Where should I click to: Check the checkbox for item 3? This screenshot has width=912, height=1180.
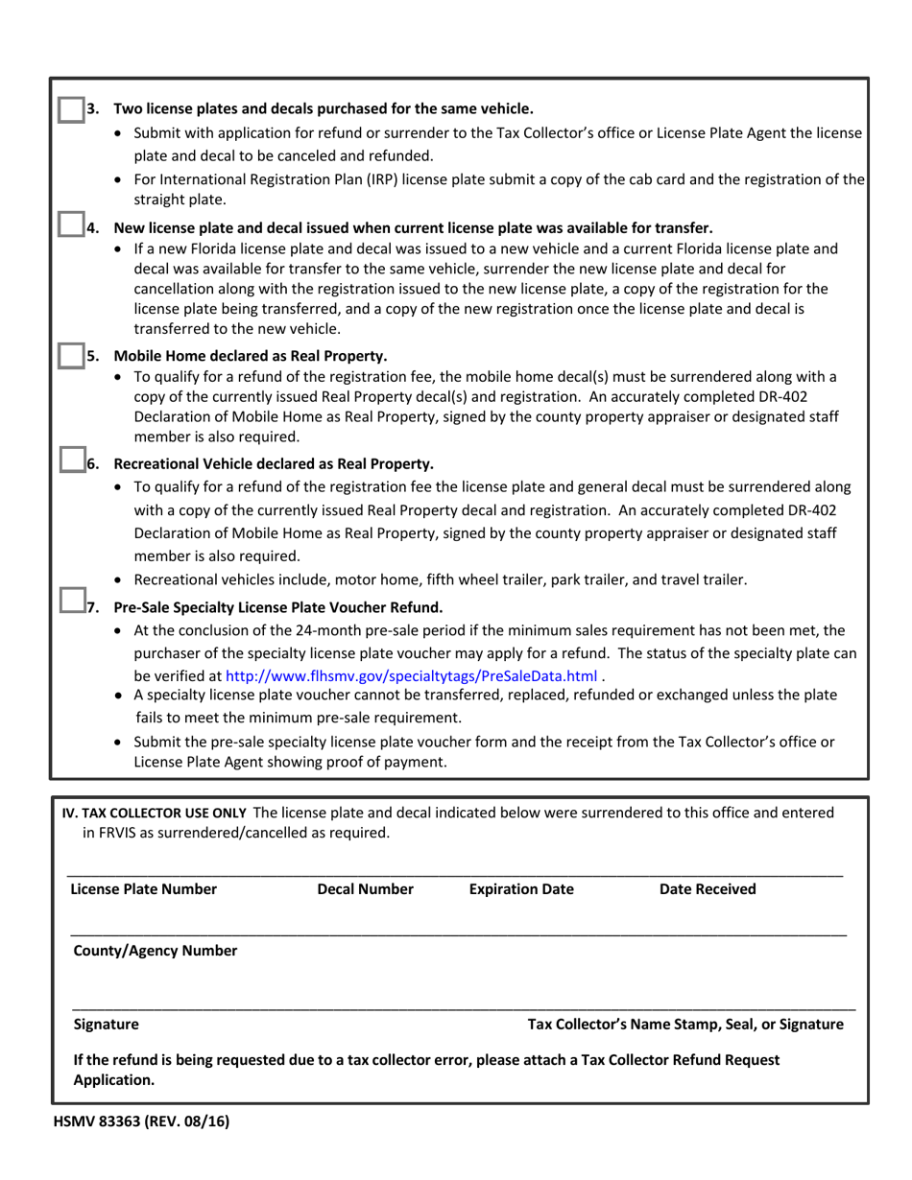[70, 109]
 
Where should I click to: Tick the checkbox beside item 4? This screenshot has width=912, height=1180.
[70, 225]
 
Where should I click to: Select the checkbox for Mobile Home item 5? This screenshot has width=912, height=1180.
[70, 355]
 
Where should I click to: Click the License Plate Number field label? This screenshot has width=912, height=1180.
[144, 889]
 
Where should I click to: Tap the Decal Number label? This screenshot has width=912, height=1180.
[365, 889]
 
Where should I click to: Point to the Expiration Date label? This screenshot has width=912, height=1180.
[521, 889]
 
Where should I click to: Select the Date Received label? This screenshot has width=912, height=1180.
[708, 889]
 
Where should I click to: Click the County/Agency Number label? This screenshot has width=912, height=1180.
[156, 951]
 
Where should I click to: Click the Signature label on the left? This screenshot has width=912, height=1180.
[106, 1024]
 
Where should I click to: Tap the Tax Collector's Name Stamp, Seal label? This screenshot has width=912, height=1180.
[685, 1024]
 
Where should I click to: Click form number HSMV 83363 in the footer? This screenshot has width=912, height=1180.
[141, 1120]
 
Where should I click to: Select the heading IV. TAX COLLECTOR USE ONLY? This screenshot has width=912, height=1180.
[154, 813]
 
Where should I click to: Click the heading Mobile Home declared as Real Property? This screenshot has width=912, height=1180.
[251, 355]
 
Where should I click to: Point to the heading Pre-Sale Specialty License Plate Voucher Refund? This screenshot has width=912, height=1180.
[278, 606]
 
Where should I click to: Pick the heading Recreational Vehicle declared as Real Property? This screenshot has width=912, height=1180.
[274, 463]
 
